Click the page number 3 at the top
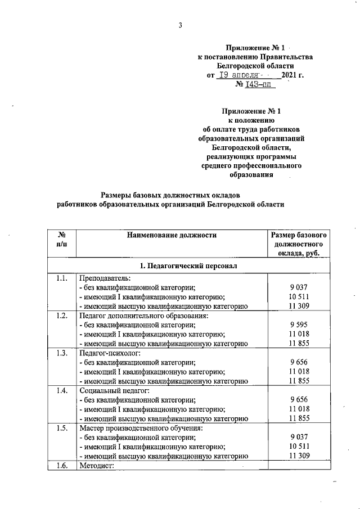pos(180,25)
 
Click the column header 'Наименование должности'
pos(171,235)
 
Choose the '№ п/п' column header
pos(61,240)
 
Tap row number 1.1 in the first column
pos(62,278)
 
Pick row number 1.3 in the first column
pos(62,353)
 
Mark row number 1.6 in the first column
pos(62,465)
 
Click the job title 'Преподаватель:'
pos(105,278)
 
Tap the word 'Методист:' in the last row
pos(97,465)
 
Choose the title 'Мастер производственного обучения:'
pos(141,427)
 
